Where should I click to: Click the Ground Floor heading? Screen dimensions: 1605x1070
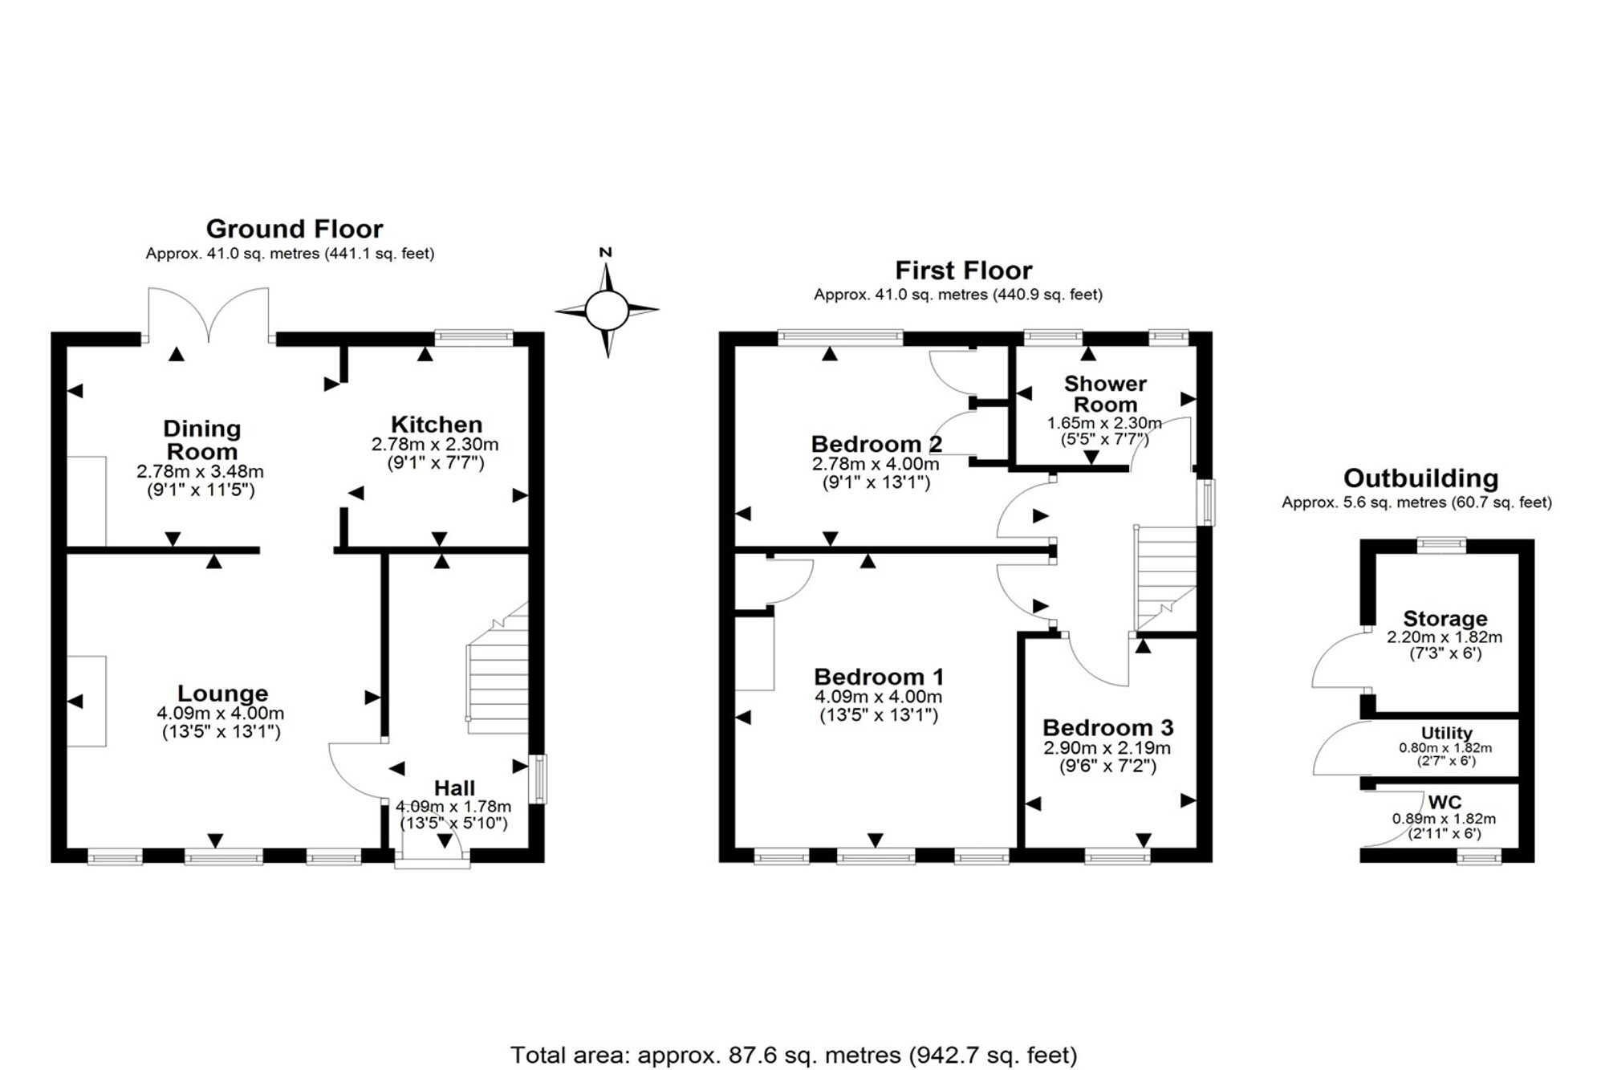pyautogui.click(x=295, y=230)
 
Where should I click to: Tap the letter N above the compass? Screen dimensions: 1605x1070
pyautogui.click(x=606, y=252)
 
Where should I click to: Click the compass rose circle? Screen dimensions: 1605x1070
pyautogui.click(x=606, y=311)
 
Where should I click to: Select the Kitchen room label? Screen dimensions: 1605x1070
pyautogui.click(x=437, y=425)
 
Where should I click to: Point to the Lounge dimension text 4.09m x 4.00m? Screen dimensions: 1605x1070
pyautogui.click(x=221, y=714)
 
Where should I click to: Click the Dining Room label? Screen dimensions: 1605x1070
pyautogui.click(x=201, y=439)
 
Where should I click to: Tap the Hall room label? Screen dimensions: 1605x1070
pyautogui.click(x=454, y=788)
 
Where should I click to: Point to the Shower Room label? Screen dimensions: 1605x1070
pyautogui.click(x=1105, y=394)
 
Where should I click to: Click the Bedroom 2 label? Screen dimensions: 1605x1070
pyautogui.click(x=876, y=444)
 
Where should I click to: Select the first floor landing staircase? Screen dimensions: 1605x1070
pyautogui.click(x=1164, y=578)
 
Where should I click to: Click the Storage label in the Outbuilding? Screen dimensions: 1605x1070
pyautogui.click(x=1445, y=619)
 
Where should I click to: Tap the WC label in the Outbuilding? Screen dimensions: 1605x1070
pyautogui.click(x=1444, y=802)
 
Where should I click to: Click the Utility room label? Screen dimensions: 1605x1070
pyautogui.click(x=1446, y=733)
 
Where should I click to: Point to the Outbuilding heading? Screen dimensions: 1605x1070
pyautogui.click(x=1420, y=479)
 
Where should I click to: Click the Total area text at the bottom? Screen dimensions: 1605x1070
pyautogui.click(x=794, y=1055)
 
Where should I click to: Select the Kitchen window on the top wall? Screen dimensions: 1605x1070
pyautogui.click(x=474, y=338)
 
